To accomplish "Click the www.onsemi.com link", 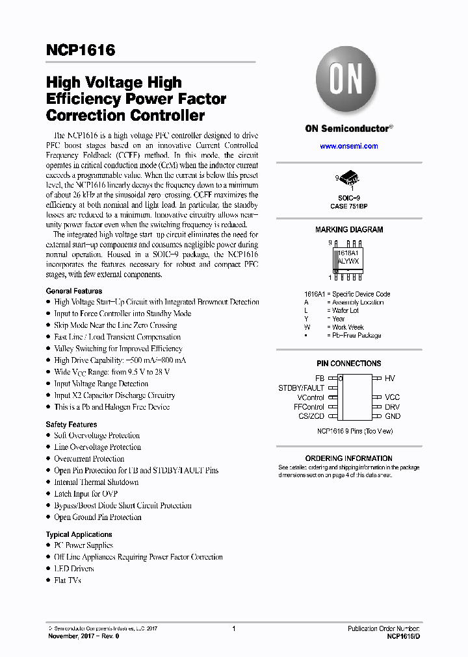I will click(x=349, y=146).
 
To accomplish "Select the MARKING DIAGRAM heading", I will click(x=349, y=230).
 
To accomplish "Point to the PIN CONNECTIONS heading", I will click(x=349, y=364).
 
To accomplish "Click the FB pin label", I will click(x=319, y=378).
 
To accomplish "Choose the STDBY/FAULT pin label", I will click(x=301, y=388).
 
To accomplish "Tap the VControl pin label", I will click(x=311, y=397).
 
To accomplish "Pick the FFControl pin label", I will click(x=309, y=407).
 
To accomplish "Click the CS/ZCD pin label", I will click(x=311, y=416).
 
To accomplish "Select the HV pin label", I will click(x=389, y=378).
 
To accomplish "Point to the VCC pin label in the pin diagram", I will click(x=392, y=397).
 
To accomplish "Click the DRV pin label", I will click(x=392, y=407).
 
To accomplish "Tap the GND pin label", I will click(x=393, y=416).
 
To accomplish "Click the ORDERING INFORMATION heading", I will click(x=349, y=458).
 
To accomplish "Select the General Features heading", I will click(x=74, y=291).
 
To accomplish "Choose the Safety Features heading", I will click(x=71, y=425).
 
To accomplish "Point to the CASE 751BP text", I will click(x=349, y=206).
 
